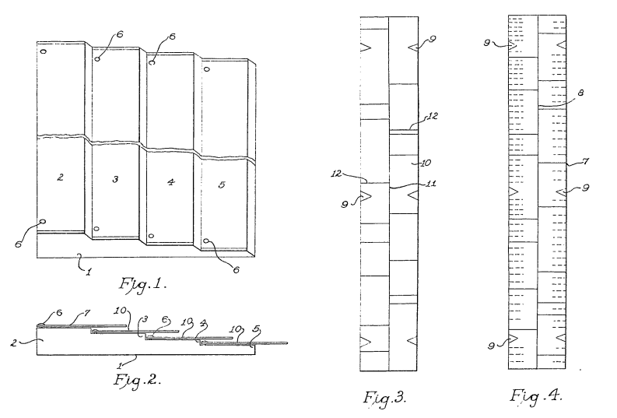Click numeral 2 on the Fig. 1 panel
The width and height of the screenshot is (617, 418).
60,177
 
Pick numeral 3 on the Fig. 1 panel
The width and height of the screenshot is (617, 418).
115,180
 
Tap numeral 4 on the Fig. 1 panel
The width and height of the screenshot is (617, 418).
170,183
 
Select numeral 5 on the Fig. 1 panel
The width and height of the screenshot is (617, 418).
223,186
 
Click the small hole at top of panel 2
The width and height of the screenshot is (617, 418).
44,52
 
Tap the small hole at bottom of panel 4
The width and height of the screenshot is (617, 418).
152,236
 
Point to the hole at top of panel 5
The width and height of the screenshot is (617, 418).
206,68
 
